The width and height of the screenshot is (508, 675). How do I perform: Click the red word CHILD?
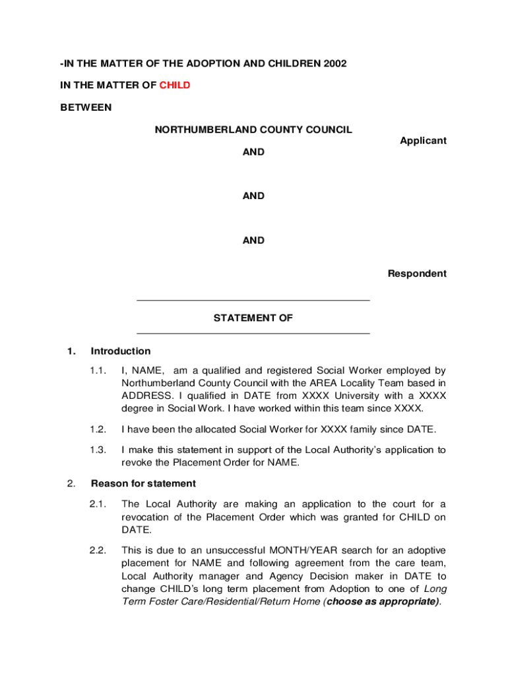(x=175, y=85)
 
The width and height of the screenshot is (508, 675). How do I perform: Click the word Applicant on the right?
(x=423, y=140)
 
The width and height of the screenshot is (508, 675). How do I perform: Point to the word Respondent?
(x=417, y=274)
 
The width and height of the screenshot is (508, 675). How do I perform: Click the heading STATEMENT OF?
(x=253, y=318)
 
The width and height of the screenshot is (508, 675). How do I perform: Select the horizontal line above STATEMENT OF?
(x=253, y=301)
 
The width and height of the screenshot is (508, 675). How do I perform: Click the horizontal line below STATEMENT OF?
(x=253, y=334)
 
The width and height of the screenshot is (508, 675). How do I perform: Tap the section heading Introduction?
(x=121, y=351)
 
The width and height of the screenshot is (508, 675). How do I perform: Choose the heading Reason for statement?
(x=143, y=483)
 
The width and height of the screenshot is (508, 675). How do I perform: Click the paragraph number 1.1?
(x=98, y=370)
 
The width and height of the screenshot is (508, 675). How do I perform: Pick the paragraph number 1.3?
(x=98, y=450)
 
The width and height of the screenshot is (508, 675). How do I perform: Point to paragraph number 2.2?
(x=98, y=550)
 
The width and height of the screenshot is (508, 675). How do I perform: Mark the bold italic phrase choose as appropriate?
(x=382, y=601)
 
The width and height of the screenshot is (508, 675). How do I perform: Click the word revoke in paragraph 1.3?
(x=138, y=462)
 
